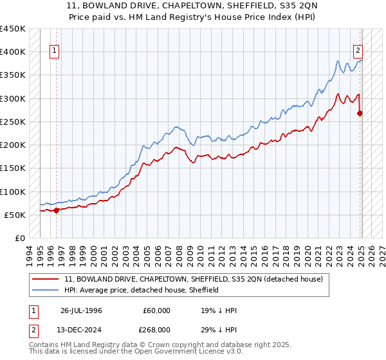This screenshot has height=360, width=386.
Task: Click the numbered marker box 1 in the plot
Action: [x=54, y=51]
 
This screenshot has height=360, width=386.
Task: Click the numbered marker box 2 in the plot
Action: [x=357, y=51]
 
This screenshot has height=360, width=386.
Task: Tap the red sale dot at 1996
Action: [x=56, y=210]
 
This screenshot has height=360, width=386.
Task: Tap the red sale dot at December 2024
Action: [x=360, y=113]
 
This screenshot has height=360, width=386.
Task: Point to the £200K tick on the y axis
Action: [x=13, y=145]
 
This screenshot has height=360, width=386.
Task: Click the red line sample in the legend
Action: [x=46, y=280]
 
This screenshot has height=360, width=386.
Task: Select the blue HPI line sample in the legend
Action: [x=46, y=290]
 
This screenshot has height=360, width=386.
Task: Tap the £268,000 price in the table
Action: [x=156, y=330]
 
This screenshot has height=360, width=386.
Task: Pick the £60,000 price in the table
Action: [x=156, y=310]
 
